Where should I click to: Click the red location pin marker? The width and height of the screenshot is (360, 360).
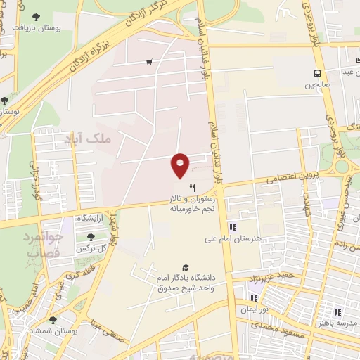[x=180, y=165]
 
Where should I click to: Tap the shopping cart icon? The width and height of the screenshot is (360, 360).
[x=149, y=62]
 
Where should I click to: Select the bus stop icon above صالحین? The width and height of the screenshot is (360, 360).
[x=317, y=72]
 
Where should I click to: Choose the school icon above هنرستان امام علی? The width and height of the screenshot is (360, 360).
[x=233, y=226]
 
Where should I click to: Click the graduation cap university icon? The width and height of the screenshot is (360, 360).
[x=185, y=267]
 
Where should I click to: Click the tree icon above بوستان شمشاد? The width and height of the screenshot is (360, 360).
[x=53, y=319]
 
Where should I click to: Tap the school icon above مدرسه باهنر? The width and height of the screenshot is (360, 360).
[x=337, y=312]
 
